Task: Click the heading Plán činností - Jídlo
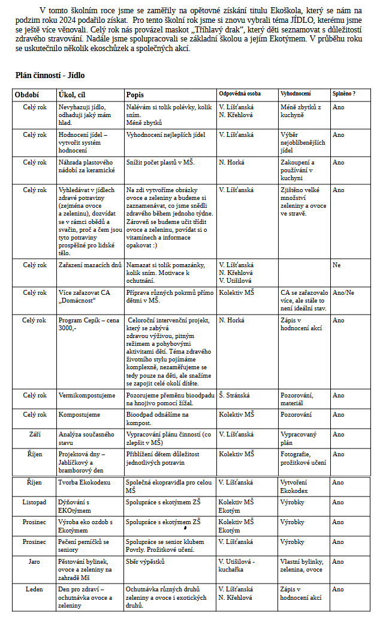[x=50, y=75]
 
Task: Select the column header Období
[x=27, y=94]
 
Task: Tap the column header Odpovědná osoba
[x=240, y=94]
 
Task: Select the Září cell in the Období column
[x=35, y=433]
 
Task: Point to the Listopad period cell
[x=34, y=502]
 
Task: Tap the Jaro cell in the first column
[x=35, y=561]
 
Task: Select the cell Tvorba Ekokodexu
[x=84, y=482]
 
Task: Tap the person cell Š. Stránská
[x=234, y=395]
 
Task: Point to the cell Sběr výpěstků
[x=145, y=561]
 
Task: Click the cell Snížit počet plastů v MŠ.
[x=161, y=162]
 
